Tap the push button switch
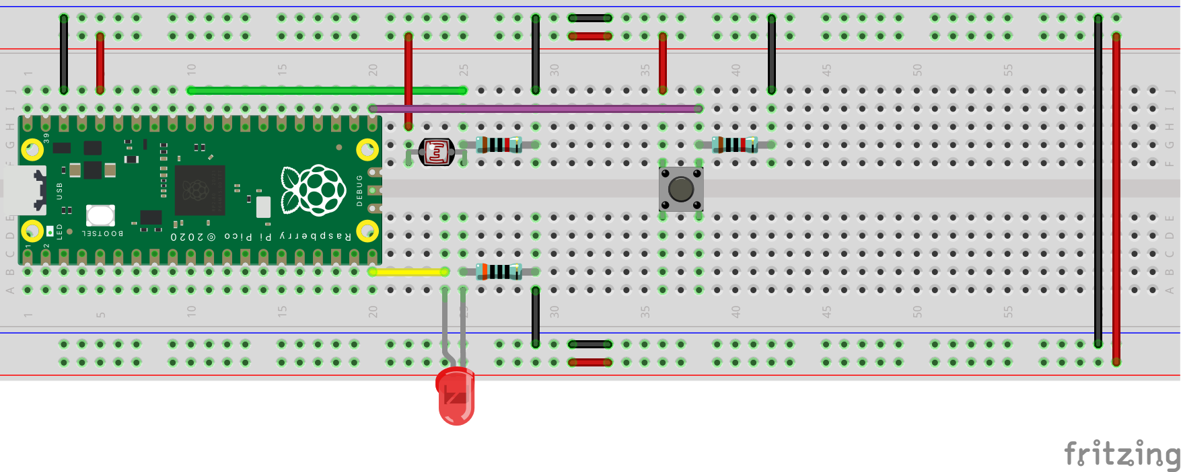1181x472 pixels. click(681, 189)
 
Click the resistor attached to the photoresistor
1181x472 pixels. click(499, 144)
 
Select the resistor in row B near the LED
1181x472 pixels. click(499, 272)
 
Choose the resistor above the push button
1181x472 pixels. click(735, 144)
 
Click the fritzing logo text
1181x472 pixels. click(1121, 454)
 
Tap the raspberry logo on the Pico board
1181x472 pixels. click(314, 190)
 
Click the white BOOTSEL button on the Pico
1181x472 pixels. click(100, 215)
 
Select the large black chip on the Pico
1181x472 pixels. click(199, 190)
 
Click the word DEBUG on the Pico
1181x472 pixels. click(359, 190)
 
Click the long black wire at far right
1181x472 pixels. click(1098, 182)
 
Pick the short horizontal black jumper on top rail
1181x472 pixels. click(589, 18)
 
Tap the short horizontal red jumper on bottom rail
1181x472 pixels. click(589, 362)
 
